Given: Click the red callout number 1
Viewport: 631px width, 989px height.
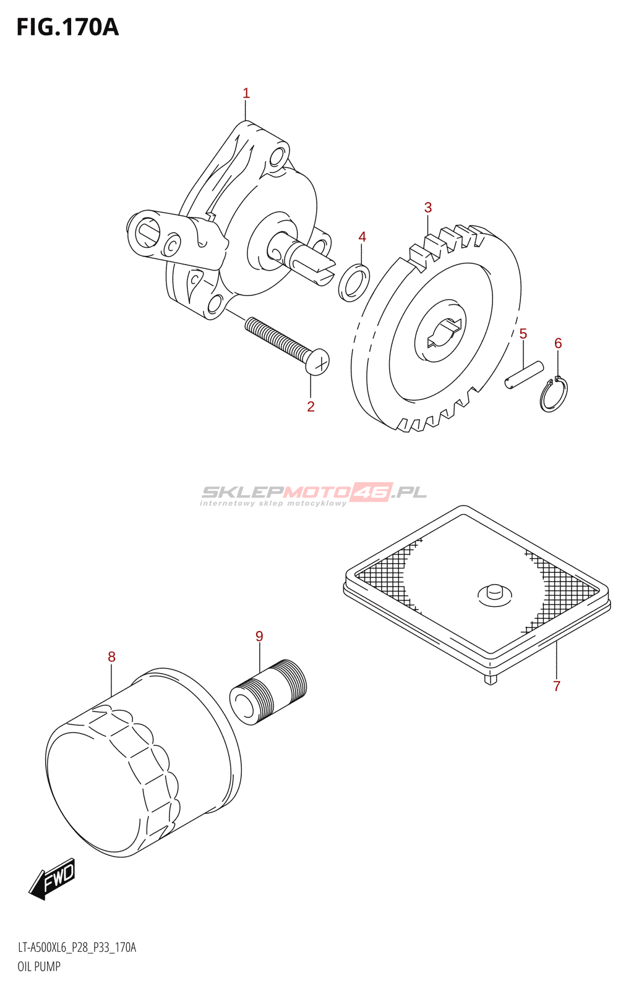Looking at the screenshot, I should pos(246,93).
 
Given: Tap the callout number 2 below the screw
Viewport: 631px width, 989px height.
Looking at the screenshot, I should pos(311,406).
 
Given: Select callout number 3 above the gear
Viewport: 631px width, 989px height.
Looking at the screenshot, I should pos(428,208).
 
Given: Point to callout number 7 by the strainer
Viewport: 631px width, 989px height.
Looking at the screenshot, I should pos(557,686).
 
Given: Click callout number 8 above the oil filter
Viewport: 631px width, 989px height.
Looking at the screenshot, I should pos(111,656).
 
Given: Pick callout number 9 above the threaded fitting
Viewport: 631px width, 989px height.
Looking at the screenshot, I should pos(259,636).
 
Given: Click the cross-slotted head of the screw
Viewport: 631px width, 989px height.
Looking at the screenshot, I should pos(318,362).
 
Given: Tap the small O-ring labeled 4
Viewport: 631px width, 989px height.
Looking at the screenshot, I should pos(354,282).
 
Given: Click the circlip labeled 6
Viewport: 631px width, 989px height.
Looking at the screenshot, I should pos(552,394).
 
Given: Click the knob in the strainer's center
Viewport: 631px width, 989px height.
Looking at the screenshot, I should pos(494,592).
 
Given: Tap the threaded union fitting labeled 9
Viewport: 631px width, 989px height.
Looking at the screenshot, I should pos(268,692).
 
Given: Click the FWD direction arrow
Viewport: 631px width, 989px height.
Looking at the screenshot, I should pos(53,878).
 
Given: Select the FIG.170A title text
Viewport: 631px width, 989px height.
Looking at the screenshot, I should pos(67,27).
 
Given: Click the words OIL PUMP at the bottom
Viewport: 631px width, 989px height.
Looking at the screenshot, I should pos(39,967).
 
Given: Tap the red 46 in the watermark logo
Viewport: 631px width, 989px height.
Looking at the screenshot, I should pos(372,492).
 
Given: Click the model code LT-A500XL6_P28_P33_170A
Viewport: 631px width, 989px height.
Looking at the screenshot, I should pos(77,948).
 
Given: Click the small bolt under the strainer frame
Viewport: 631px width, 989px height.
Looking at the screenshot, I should pos(491,679).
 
